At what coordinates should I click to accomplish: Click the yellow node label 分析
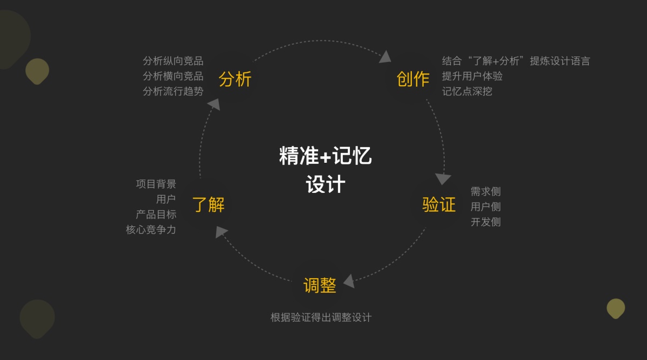coord(235,79)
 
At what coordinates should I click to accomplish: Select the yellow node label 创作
coord(413,79)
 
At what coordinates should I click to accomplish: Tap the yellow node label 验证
coord(439,205)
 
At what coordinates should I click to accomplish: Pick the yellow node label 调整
coord(320,285)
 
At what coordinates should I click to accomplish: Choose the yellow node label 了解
coord(208,205)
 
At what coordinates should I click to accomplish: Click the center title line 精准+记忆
coord(325,157)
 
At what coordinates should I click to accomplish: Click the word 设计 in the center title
coord(325,185)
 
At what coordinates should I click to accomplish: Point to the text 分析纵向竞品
coord(173,61)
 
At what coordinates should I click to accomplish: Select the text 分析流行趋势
coord(173,91)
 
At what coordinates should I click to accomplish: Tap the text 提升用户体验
coord(472,76)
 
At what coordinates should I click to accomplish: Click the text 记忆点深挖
coord(467,91)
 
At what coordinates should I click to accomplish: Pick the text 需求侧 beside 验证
coord(485,191)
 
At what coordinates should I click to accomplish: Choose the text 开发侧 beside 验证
coord(485,221)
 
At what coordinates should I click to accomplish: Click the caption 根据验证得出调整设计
coord(321,317)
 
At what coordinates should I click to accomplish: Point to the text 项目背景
coord(156,184)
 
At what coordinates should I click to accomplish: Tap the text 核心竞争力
coord(151,230)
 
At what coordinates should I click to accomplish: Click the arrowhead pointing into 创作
coord(386,57)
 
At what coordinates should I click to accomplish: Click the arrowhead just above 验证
coord(443,178)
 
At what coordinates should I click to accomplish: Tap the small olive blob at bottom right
coord(615,308)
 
